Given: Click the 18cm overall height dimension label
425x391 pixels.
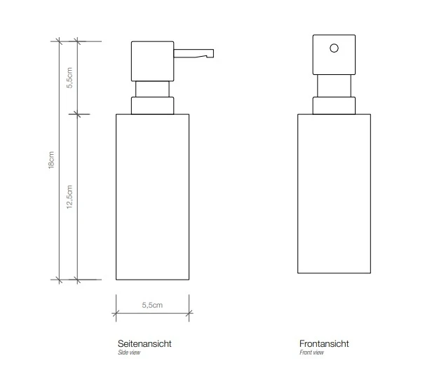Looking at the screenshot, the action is point(51,160).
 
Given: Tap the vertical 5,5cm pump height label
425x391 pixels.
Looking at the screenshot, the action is point(69,78).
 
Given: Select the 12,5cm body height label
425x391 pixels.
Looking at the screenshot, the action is point(69,197).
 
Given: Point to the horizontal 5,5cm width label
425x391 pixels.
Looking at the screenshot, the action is point(152,306).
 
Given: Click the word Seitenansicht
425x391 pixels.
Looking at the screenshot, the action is point(144,343).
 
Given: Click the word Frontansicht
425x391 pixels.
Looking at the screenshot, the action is point(324,343).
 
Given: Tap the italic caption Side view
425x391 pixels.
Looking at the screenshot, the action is point(129,352).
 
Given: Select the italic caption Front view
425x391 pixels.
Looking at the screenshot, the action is point(311,352).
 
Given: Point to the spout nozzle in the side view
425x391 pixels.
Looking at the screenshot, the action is point(194,53).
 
